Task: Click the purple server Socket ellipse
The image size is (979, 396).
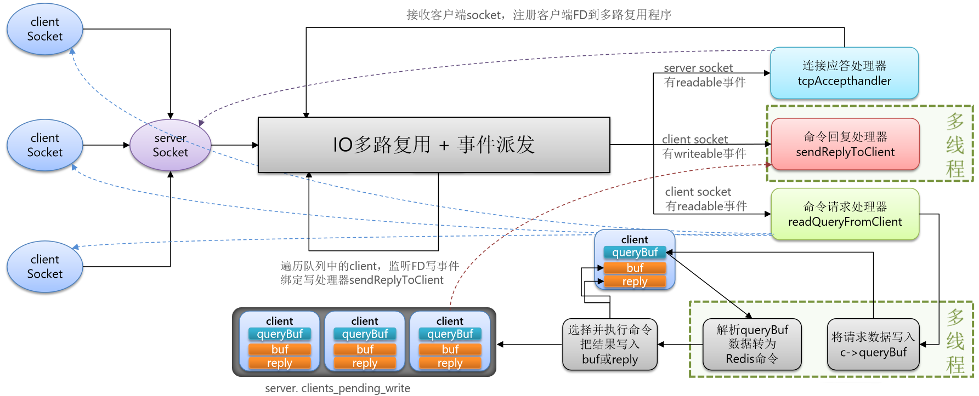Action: [170, 145]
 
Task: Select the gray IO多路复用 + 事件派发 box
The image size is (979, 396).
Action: [434, 145]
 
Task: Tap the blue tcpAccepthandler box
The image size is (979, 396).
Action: [844, 73]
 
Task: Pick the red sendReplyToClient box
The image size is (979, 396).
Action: [845, 145]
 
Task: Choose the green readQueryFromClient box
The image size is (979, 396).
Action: [845, 214]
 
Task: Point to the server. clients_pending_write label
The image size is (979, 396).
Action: [337, 388]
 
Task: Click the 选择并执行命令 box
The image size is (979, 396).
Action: [610, 345]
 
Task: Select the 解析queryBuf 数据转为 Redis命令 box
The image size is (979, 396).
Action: [752, 345]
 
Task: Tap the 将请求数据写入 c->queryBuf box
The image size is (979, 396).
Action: [873, 345]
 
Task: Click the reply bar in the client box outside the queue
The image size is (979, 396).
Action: [635, 282]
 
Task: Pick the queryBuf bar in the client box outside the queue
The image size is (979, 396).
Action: [635, 252]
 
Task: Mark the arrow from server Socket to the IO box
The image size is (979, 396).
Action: [235, 145]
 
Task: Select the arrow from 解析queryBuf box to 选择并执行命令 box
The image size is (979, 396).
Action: [680, 345]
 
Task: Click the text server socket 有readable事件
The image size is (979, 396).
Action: [704, 75]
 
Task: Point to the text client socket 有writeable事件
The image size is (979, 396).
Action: [704, 147]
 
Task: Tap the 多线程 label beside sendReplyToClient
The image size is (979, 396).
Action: [955, 145]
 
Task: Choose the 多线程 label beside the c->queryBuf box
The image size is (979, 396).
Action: [955, 340]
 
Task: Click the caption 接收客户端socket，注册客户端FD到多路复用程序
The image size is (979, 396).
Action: [539, 15]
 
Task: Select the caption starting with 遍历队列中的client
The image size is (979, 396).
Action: [370, 273]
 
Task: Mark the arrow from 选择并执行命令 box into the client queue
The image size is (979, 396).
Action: [529, 345]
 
